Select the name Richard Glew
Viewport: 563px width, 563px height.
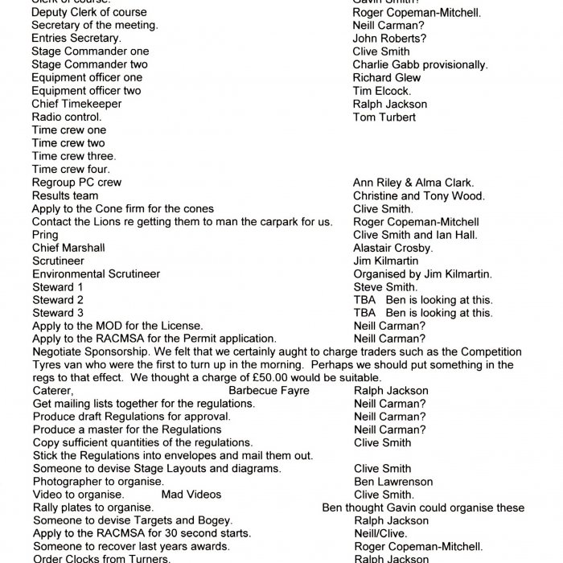click(x=386, y=77)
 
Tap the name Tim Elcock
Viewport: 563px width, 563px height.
click(x=381, y=91)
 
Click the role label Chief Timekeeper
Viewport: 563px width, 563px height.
click(x=76, y=104)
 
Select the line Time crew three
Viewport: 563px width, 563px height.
click(x=74, y=156)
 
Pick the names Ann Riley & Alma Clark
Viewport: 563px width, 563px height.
click(x=413, y=183)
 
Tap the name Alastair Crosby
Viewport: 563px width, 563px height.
click(x=392, y=248)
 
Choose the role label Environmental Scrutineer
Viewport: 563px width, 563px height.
click(x=96, y=273)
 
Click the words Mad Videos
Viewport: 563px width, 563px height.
click(x=191, y=495)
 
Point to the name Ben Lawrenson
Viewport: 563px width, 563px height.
click(x=392, y=482)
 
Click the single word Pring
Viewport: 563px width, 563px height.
click(x=45, y=235)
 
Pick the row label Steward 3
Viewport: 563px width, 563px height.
click(x=57, y=312)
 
